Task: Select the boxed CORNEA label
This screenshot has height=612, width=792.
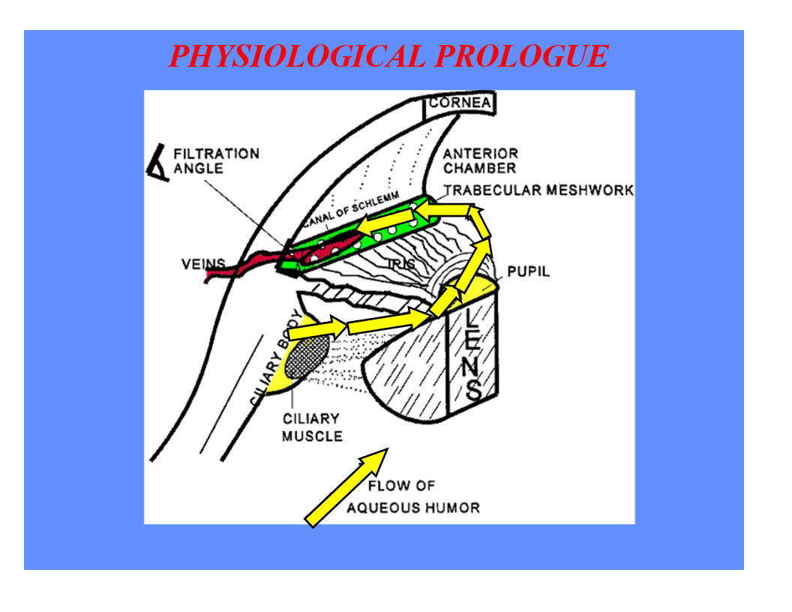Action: coord(460,103)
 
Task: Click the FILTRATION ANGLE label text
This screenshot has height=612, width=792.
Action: coord(216,160)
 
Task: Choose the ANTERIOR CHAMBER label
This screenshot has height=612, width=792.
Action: coord(480,160)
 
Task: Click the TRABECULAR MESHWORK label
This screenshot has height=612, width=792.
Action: coord(538,190)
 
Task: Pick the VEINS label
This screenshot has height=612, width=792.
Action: coord(202,264)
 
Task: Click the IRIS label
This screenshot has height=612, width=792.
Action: coord(400,264)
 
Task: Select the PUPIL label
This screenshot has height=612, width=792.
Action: coord(528,271)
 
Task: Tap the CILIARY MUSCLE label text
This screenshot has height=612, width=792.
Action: coord(311,427)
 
